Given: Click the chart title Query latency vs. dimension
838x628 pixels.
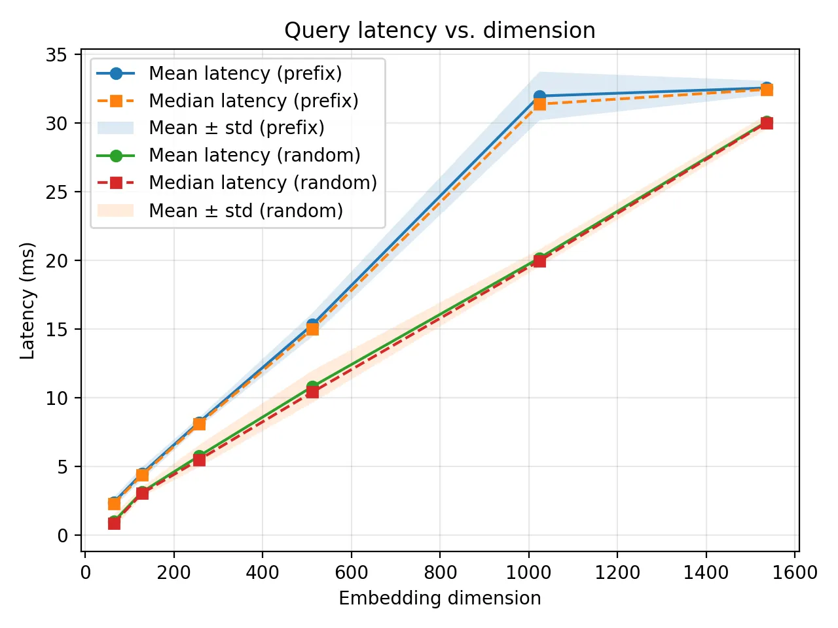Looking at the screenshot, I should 439,31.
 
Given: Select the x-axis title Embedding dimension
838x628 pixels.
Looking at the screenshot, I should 439,598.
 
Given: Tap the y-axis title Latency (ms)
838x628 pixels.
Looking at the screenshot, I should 27,301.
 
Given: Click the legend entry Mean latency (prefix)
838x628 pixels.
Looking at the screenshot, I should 245,73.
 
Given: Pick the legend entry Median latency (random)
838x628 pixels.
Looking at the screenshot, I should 263,183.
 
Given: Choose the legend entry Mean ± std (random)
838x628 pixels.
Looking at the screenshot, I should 246,211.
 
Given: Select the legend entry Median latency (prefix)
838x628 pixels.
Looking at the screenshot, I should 253,101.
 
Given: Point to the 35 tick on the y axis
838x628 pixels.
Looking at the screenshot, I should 56,55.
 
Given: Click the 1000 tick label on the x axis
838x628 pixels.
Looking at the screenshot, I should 528,573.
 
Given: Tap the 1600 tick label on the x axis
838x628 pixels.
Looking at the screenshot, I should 795,573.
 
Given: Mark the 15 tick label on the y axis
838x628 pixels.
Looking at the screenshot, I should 56,330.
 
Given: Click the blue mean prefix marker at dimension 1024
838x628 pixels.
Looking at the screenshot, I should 539,97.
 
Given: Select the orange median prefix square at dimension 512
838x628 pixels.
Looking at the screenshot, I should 312,329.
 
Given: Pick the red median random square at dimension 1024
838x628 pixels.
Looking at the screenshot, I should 539,261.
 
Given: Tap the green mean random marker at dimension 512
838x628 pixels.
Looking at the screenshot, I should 312,387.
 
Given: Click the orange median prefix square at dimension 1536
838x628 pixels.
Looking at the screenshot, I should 767,90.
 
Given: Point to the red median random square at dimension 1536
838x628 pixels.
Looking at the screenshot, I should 767,123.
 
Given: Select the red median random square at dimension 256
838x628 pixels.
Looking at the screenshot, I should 199,460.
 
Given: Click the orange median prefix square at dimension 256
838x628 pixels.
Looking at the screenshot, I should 199,424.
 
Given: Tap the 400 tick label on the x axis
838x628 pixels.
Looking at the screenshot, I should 263,573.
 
